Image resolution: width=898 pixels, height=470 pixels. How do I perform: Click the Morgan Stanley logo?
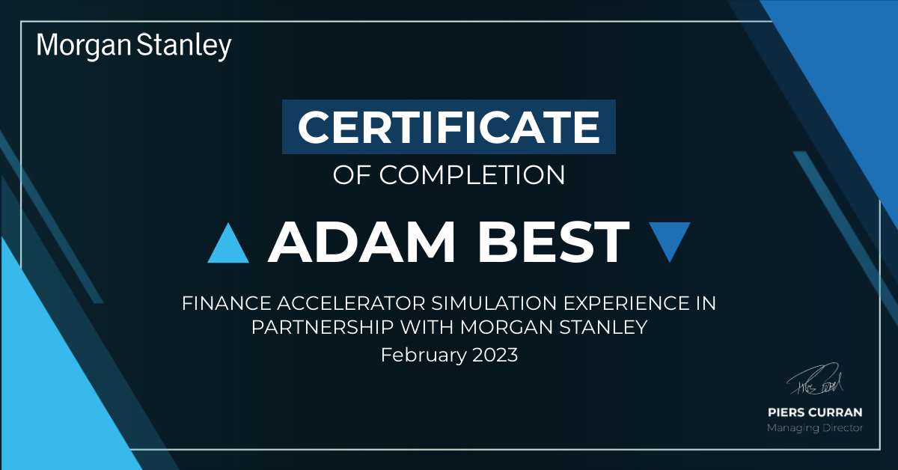[x=134, y=46]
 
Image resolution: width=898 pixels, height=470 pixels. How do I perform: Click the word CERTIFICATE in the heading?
[x=448, y=127]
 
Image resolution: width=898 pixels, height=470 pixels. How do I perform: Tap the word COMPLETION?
[x=472, y=175]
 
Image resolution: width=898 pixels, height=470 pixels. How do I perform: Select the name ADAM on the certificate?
[x=361, y=242]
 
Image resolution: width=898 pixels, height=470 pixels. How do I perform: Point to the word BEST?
[x=553, y=242]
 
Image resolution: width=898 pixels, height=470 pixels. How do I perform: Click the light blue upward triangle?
[x=228, y=243]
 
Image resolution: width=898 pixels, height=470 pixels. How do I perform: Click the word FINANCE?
[x=227, y=303]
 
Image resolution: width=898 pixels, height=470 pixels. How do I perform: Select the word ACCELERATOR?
[x=351, y=303]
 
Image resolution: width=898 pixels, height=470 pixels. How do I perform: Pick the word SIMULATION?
[x=495, y=303]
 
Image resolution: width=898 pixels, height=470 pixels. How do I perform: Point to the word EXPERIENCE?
[x=626, y=303]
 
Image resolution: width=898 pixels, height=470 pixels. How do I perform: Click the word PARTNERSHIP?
[x=323, y=327]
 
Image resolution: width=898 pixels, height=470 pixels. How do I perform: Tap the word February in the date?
[x=424, y=355]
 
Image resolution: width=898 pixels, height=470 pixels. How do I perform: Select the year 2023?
[x=495, y=355]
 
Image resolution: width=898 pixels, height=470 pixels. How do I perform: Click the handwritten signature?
[x=815, y=379]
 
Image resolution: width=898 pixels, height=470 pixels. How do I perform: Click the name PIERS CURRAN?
[x=815, y=412]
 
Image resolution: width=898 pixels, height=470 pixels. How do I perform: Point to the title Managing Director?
[x=815, y=428]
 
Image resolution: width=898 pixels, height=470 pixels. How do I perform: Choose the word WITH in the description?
[x=427, y=327]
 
